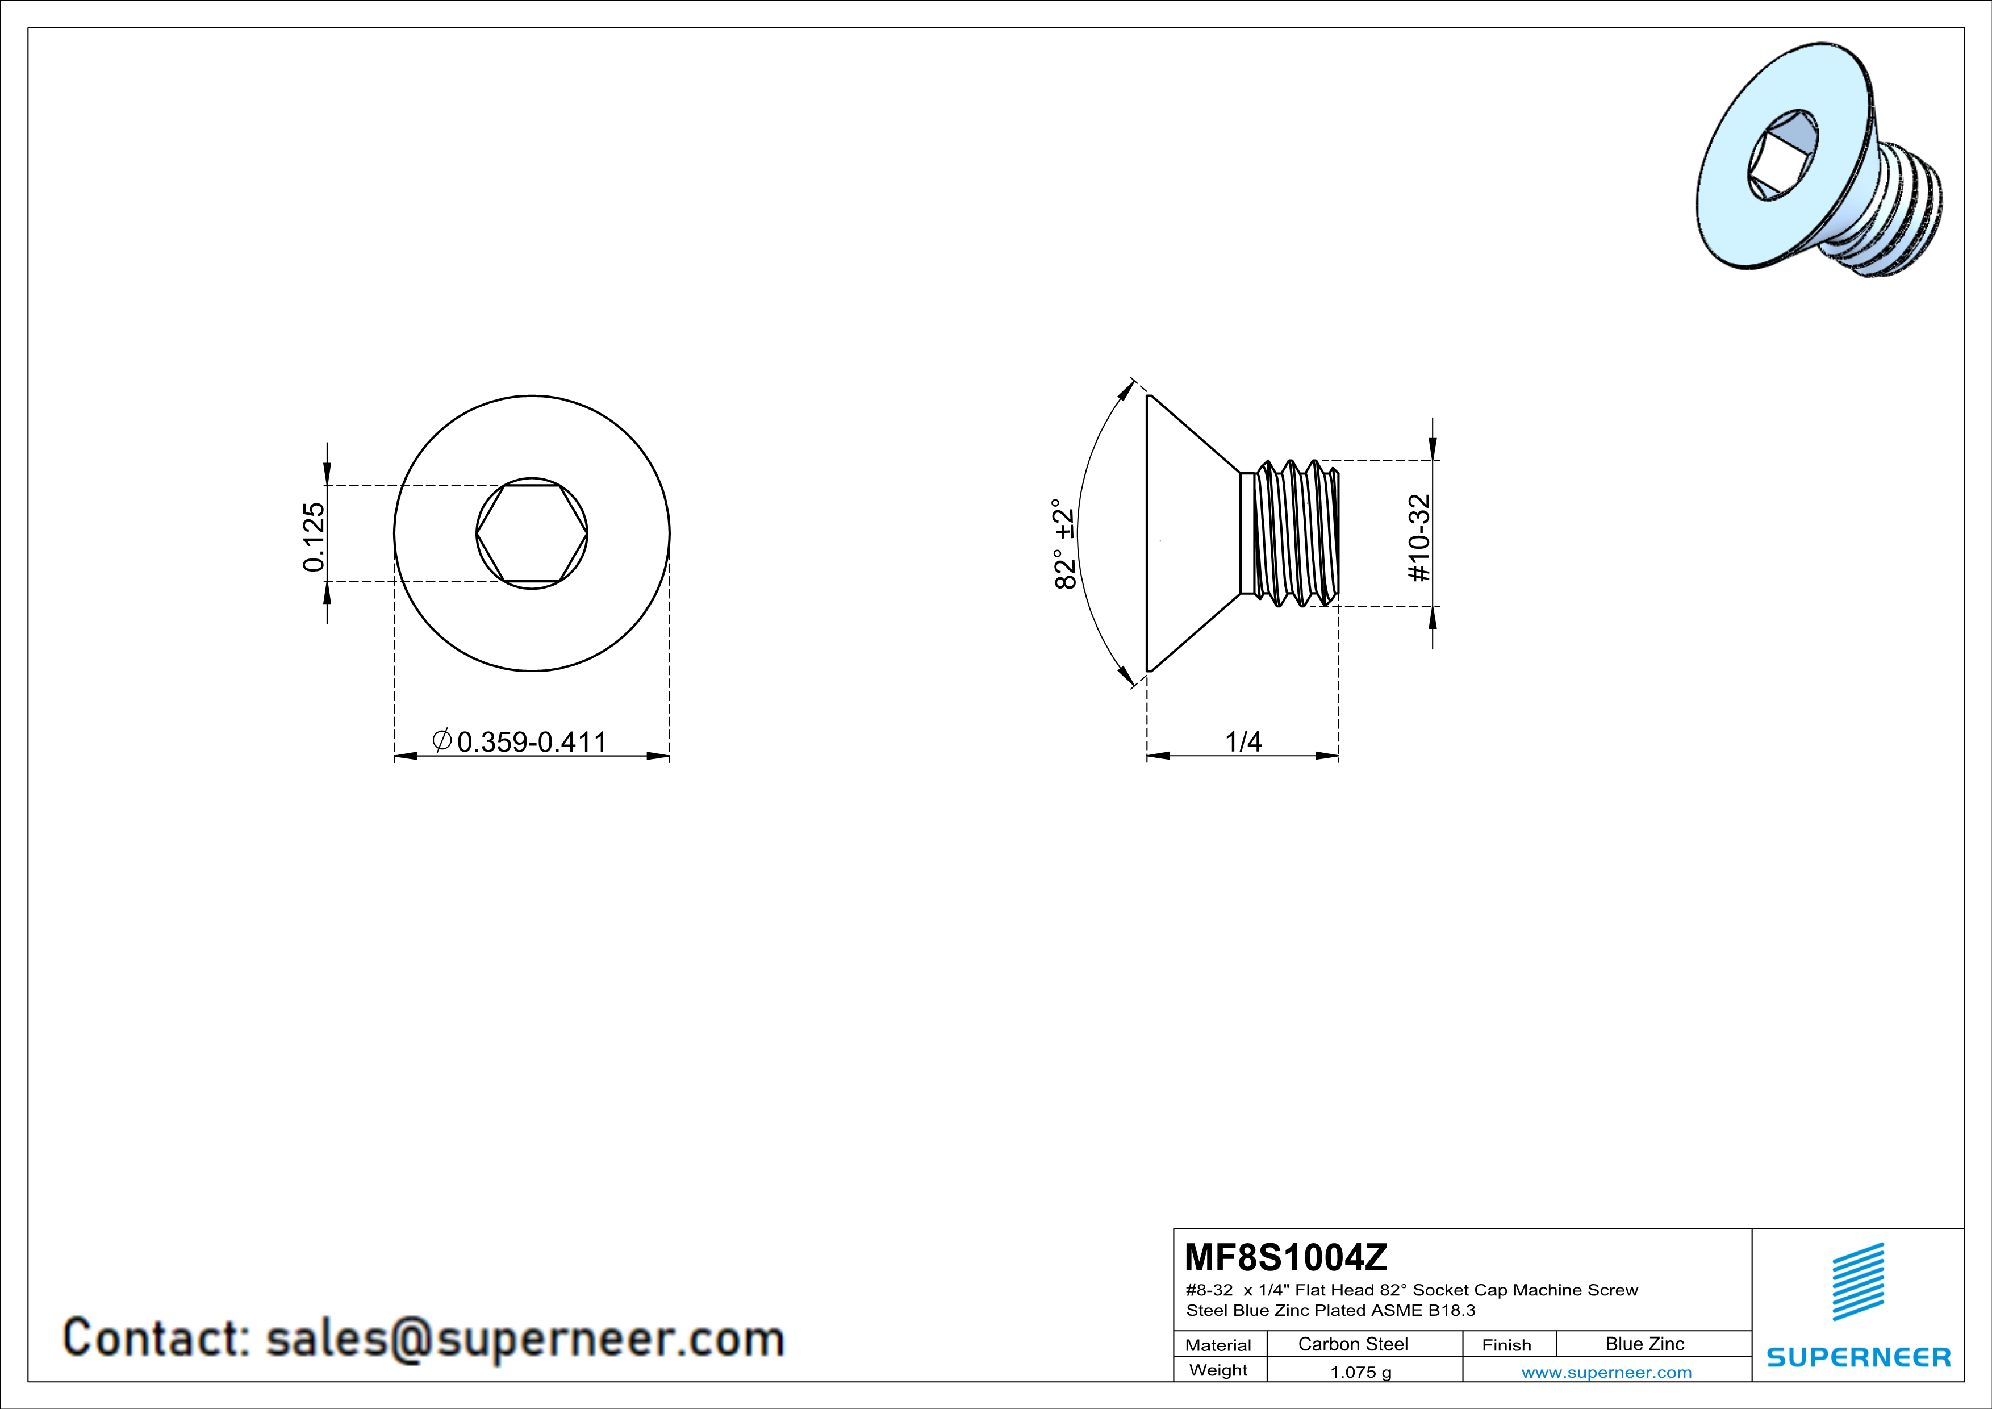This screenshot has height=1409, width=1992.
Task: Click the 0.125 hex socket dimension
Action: pos(313,536)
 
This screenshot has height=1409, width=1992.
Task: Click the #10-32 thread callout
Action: pos(1419,538)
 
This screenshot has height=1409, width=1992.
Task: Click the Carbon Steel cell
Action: pos(1352,1344)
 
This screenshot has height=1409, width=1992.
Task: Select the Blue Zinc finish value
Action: pos(1644,1344)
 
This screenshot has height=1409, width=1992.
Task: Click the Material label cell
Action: pos(1218,1345)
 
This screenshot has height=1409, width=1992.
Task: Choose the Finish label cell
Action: pos(1506,1345)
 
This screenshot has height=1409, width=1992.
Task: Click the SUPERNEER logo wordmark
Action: pos(1859,1357)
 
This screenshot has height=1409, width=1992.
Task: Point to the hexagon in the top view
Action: pos(532,533)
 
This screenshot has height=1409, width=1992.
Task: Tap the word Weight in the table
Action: pos(1218,1370)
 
